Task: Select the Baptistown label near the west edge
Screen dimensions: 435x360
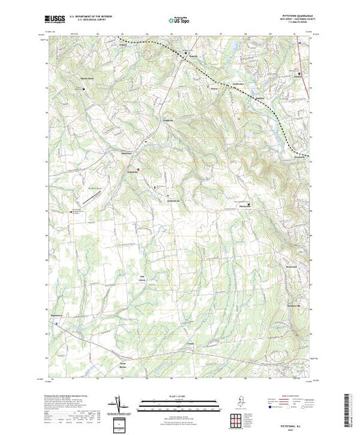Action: coord(57,317)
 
